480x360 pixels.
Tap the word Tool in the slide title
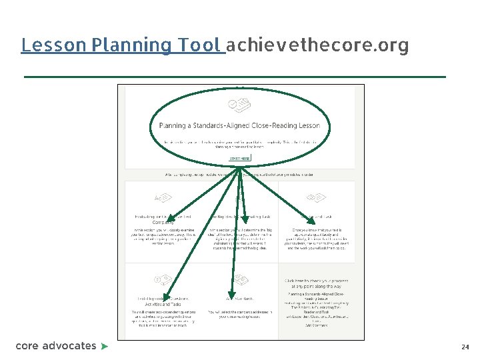click(198, 45)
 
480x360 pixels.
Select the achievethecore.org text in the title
click(317, 45)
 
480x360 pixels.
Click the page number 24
click(465, 347)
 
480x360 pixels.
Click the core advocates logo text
click(56, 346)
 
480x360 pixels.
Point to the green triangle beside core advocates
click(104, 347)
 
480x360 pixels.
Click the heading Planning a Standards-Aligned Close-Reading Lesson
click(239, 125)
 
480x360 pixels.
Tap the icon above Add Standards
click(237, 279)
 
